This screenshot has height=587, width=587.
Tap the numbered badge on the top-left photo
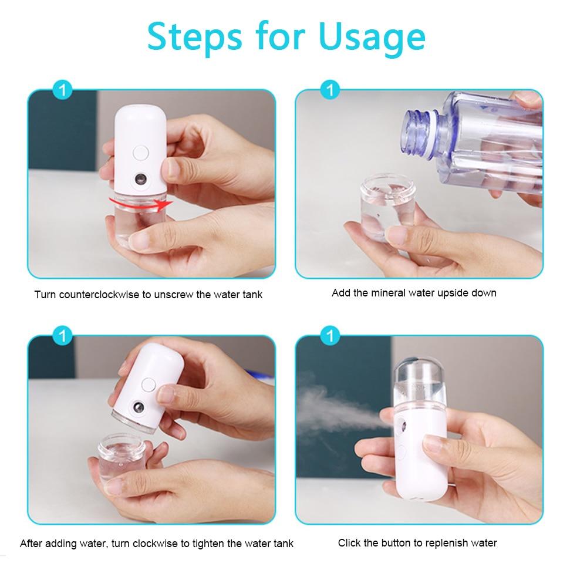click(62, 91)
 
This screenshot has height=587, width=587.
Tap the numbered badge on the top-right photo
click(330, 90)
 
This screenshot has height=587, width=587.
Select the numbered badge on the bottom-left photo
click(62, 336)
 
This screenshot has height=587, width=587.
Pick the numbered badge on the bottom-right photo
click(330, 336)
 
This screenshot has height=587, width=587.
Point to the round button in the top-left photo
click(140, 153)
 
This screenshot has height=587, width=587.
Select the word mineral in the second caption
click(389, 292)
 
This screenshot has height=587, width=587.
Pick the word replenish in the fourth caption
click(441, 543)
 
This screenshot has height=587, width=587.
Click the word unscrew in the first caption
click(174, 295)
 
